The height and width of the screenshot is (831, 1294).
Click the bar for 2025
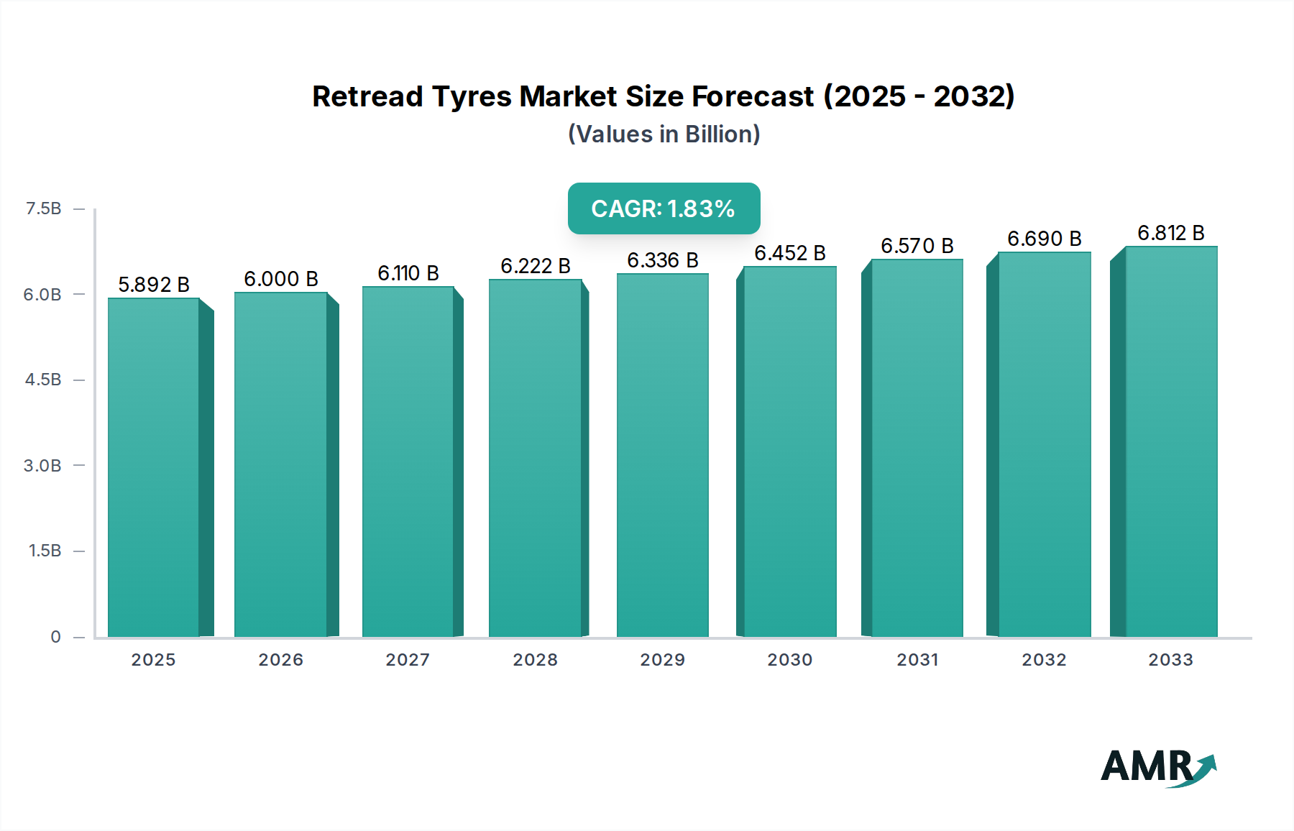154,467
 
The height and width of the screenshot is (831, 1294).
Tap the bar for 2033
1170,441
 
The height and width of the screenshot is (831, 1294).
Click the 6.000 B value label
281,279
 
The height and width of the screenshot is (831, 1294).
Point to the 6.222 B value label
536,266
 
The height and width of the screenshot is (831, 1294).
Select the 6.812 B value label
1170,233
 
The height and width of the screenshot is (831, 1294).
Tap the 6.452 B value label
789,253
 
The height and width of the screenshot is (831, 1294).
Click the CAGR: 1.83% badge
664,208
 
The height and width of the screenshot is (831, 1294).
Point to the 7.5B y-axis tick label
43,208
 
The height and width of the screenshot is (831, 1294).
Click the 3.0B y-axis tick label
42,465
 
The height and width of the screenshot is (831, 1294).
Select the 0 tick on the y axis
55,636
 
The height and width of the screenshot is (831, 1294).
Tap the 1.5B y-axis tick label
45,551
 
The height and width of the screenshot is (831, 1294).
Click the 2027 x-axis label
408,659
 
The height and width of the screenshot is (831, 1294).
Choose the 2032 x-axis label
1044,659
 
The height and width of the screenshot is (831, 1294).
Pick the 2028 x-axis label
535,659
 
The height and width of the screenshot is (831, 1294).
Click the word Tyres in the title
472,96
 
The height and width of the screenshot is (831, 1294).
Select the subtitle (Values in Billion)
664,134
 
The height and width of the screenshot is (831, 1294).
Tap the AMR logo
1157,766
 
